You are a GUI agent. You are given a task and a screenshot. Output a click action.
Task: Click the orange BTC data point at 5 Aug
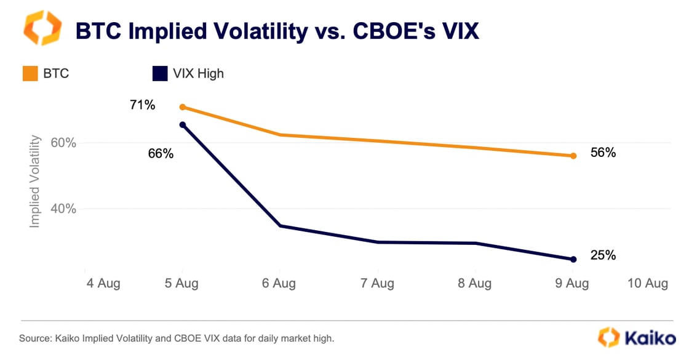coord(183,107)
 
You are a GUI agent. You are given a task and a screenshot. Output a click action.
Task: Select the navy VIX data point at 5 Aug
coord(183,126)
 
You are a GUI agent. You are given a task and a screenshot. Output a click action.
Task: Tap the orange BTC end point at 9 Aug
coord(573,156)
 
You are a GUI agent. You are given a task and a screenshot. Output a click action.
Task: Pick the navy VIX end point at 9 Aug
coord(573,260)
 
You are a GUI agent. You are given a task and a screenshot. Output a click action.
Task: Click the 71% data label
coord(142,105)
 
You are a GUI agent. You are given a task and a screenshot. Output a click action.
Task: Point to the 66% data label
coord(161,153)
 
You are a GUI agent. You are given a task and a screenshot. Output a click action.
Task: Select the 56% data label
coord(603,153)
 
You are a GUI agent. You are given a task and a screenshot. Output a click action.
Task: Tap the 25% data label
coord(603,255)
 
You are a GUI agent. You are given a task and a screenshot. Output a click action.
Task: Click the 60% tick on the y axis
coord(63,143)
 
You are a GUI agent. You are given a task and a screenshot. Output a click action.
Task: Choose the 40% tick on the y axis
coord(63,209)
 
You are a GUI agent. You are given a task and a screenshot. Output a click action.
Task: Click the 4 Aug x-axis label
coord(103,283)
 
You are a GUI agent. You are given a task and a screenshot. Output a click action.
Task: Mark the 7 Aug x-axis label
coord(378,283)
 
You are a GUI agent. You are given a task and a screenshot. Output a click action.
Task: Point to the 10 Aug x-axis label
coord(648,283)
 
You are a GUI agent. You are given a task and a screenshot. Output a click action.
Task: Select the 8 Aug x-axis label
coord(474,283)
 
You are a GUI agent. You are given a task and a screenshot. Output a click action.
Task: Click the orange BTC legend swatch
coord(30,73)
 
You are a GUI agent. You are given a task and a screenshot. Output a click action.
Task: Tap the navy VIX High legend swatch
coord(160,73)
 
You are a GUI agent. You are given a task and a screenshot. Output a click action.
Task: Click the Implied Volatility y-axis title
coord(34,182)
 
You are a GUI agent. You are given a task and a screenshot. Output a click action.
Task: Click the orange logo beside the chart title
coord(42,28)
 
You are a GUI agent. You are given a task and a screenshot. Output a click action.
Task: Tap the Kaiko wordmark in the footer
coord(650,338)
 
